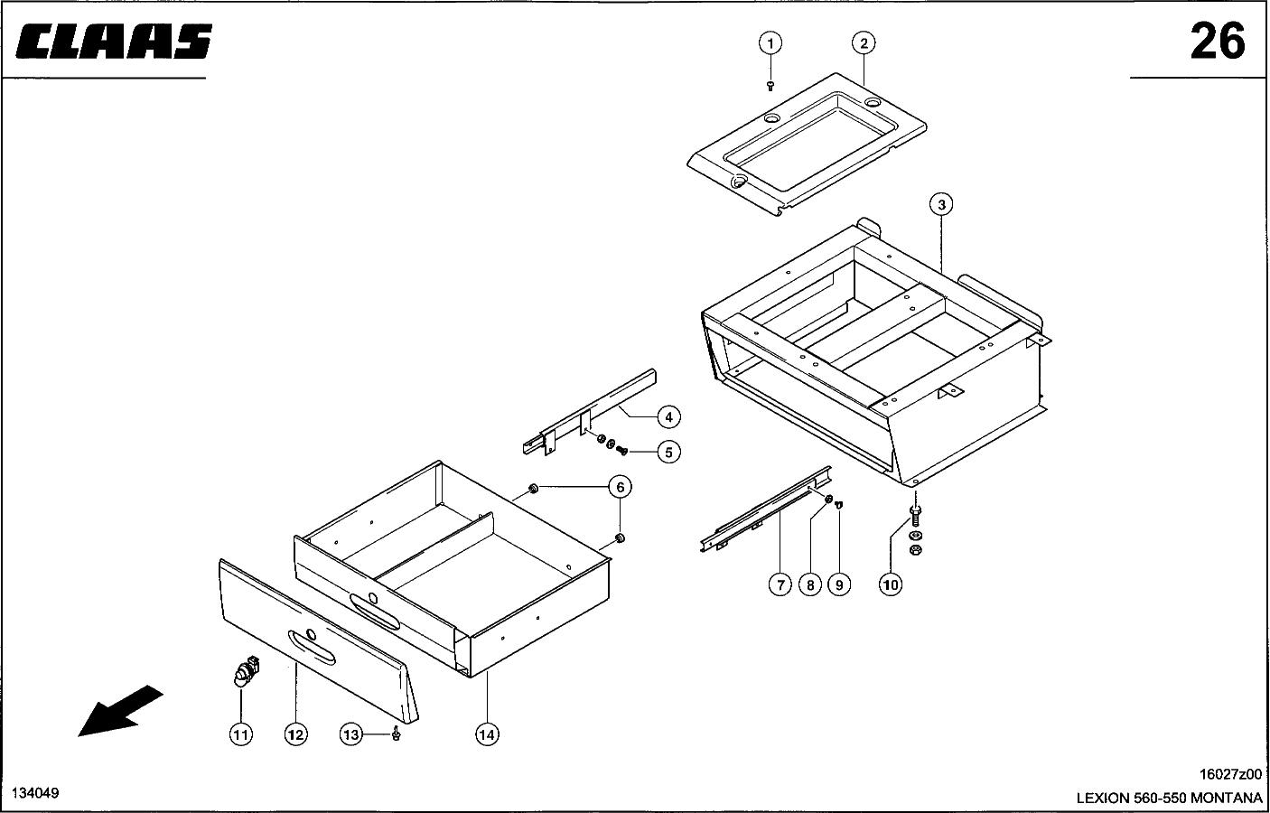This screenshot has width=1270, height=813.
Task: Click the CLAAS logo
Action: pyautogui.click(x=115, y=42)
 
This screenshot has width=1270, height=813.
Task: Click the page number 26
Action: pyautogui.click(x=1217, y=41)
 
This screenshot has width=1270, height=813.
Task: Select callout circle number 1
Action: pyautogui.click(x=770, y=42)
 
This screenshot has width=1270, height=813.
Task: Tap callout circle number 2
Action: pyautogui.click(x=864, y=42)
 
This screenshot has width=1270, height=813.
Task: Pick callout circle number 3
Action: pyautogui.click(x=941, y=205)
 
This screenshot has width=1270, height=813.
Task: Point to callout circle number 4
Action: pyautogui.click(x=668, y=416)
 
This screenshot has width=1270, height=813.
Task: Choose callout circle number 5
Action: pyautogui.click(x=668, y=452)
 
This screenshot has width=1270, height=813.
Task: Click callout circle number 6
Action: pyautogui.click(x=620, y=488)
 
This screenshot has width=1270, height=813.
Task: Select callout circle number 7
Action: pyautogui.click(x=780, y=584)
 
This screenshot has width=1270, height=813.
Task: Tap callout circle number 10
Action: pyautogui.click(x=891, y=584)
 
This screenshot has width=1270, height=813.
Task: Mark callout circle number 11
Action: pyautogui.click(x=240, y=734)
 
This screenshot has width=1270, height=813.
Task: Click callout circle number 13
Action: pyautogui.click(x=350, y=734)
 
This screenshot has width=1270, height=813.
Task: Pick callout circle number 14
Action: pyautogui.click(x=487, y=734)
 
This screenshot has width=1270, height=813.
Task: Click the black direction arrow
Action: pyautogui.click(x=120, y=710)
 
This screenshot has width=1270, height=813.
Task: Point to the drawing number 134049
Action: pyautogui.click(x=35, y=792)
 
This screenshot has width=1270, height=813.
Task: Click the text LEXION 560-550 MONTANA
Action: pyautogui.click(x=1168, y=798)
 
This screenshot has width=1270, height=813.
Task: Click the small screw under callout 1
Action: pyautogui.click(x=770, y=85)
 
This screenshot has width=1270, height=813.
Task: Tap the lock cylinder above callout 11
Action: pyautogui.click(x=243, y=673)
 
